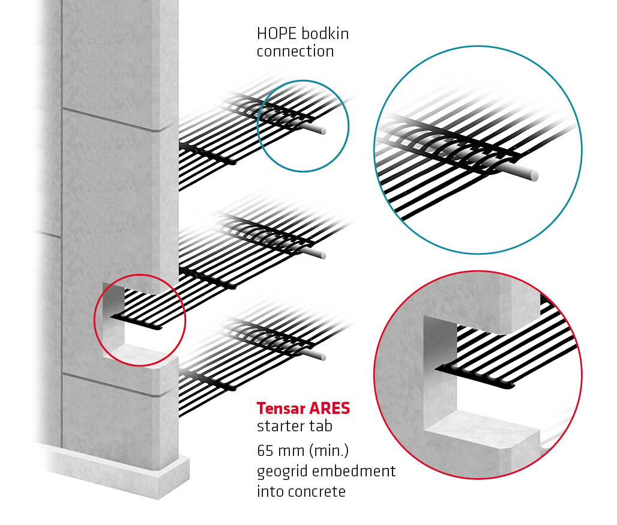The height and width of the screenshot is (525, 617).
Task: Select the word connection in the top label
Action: coord(295,52)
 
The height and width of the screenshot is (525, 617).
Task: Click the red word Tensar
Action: coord(280,408)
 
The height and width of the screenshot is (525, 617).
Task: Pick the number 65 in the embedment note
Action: coord(266,451)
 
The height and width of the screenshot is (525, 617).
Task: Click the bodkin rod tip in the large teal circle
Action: coord(532,175)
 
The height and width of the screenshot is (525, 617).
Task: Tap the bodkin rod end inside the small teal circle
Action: coord(323,130)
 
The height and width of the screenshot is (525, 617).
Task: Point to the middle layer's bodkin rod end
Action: coord(324,255)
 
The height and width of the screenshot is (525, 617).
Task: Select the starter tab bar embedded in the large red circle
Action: coord(480,378)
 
